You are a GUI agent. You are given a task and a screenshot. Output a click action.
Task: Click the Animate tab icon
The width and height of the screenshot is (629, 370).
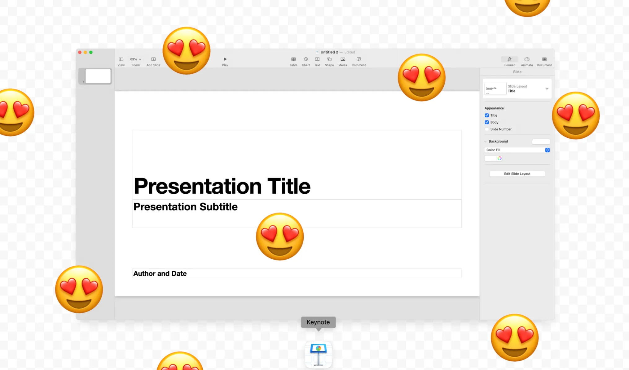click(x=527, y=59)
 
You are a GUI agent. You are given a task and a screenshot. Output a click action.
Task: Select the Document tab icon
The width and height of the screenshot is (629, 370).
click(x=544, y=59)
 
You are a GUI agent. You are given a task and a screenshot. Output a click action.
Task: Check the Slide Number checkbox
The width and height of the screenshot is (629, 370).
click(x=487, y=129)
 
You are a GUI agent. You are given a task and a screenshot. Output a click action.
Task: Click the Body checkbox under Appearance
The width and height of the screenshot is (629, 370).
click(x=487, y=122)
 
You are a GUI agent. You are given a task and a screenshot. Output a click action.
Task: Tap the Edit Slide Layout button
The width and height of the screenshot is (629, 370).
click(x=517, y=174)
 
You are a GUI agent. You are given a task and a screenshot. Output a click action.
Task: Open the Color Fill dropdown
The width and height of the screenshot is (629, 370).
click(x=517, y=150)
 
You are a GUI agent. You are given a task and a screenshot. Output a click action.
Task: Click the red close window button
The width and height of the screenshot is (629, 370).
click(x=80, y=52)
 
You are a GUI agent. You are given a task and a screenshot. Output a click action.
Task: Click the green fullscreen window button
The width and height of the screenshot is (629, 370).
click(x=91, y=52)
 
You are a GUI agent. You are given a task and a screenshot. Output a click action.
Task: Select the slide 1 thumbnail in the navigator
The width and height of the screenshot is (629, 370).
click(x=98, y=76)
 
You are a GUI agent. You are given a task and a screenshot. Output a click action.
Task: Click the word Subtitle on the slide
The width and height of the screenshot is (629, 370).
click(x=218, y=207)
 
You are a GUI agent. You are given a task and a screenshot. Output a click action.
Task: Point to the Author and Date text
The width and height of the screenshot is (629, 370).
click(x=160, y=273)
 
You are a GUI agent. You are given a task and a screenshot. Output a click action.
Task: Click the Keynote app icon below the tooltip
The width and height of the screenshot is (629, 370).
click(x=319, y=355)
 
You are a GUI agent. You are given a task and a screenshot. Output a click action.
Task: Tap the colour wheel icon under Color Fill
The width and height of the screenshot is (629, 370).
click(x=499, y=158)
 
